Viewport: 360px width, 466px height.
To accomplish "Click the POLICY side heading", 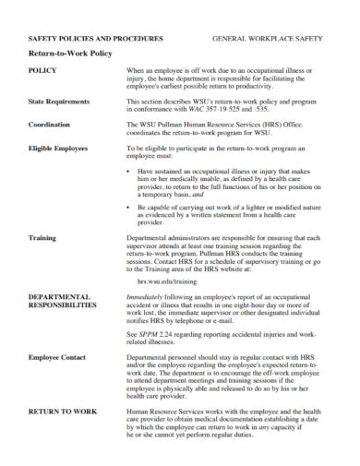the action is tap(43, 70).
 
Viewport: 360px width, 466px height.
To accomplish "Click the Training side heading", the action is tap(42, 237).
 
